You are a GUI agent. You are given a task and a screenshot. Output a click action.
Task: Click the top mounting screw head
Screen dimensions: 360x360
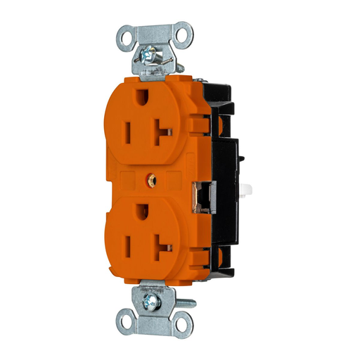(150, 53)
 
